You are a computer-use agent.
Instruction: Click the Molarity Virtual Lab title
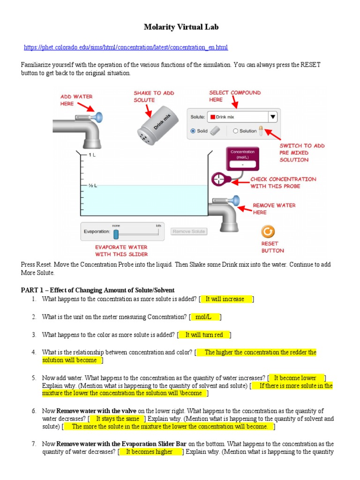click(181, 27)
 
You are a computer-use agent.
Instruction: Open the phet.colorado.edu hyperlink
click(126, 48)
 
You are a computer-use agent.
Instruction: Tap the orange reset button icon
click(269, 232)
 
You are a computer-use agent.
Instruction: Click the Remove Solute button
click(189, 232)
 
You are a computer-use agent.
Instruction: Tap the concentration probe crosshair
click(219, 180)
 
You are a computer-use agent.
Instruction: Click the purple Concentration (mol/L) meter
click(243, 158)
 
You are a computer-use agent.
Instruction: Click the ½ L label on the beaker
click(92, 185)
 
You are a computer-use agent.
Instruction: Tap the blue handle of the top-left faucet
click(99, 117)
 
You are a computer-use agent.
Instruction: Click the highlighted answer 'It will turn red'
click(204, 335)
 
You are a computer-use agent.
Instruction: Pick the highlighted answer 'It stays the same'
click(117, 419)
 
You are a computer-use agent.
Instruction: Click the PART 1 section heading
click(97, 290)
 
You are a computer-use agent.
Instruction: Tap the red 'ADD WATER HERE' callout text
click(76, 100)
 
